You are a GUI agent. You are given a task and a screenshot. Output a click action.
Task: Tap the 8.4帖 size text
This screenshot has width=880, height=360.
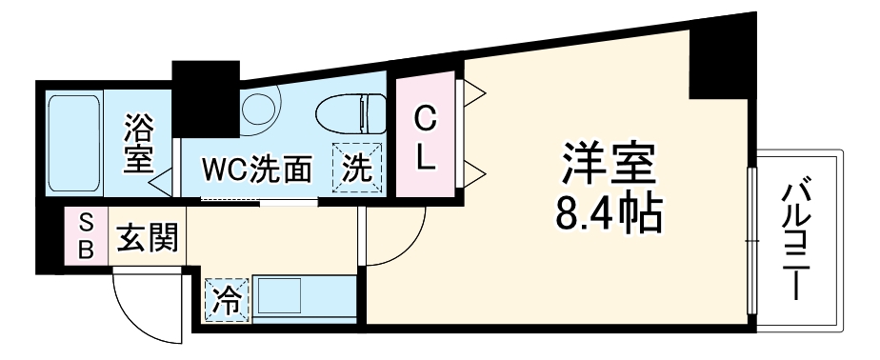click(608, 216)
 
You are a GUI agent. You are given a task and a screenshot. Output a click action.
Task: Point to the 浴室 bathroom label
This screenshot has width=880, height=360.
click(139, 144)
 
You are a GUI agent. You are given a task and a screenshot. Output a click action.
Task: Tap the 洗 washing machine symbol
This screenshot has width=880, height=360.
click(355, 169)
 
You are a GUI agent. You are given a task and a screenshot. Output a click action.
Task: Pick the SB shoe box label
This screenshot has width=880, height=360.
click(85, 235)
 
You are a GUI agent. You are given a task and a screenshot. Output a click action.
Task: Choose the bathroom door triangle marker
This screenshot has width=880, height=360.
click(162, 176)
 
